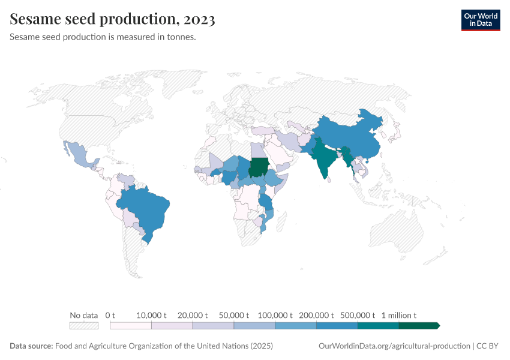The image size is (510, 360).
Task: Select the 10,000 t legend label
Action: click(151, 315)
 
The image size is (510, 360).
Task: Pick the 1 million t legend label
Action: click(398, 315)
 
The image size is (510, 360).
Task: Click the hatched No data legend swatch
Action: click(83, 326)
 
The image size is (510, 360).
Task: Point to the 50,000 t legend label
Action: click(234, 315)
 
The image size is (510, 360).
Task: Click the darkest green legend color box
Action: click(418, 326)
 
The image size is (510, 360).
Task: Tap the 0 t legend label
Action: click(110, 315)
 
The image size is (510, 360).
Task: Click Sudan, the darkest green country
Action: click(260, 167)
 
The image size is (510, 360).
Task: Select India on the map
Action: click(323, 159)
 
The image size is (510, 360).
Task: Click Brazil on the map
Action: click(147, 210)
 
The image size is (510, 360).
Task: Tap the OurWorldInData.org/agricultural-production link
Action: click(394, 346)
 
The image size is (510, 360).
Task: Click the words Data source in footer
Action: click(31, 346)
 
